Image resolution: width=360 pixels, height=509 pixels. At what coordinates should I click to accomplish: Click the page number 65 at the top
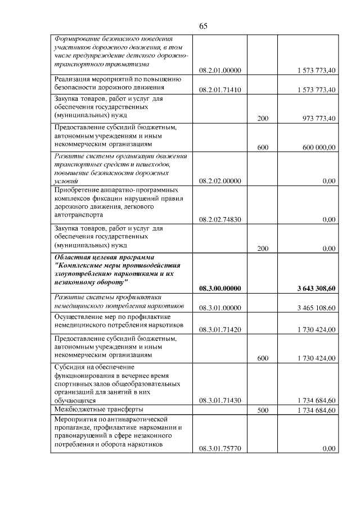pos(204,26)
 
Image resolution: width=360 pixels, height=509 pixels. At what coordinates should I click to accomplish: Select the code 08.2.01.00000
pos(220,70)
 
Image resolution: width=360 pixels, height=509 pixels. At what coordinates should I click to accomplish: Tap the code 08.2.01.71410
pos(220,90)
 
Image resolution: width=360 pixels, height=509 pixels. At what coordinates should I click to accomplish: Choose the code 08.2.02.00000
pos(220,181)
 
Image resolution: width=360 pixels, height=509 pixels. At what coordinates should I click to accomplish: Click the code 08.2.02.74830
pos(220,220)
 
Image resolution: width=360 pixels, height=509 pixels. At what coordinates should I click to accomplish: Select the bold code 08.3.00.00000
pos(220,289)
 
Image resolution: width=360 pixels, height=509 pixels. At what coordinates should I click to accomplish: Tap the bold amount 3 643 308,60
pos(316,289)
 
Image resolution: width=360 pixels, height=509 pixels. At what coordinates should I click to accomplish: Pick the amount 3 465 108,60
pos(316,308)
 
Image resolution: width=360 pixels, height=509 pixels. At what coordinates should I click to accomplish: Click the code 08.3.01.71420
pos(220,329)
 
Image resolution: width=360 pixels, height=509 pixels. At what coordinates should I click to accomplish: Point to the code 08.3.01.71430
pos(220,400)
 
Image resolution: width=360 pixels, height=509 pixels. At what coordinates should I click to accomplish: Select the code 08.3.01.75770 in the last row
pos(220,449)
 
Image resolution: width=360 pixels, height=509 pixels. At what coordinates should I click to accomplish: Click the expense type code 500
pos(263,411)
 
